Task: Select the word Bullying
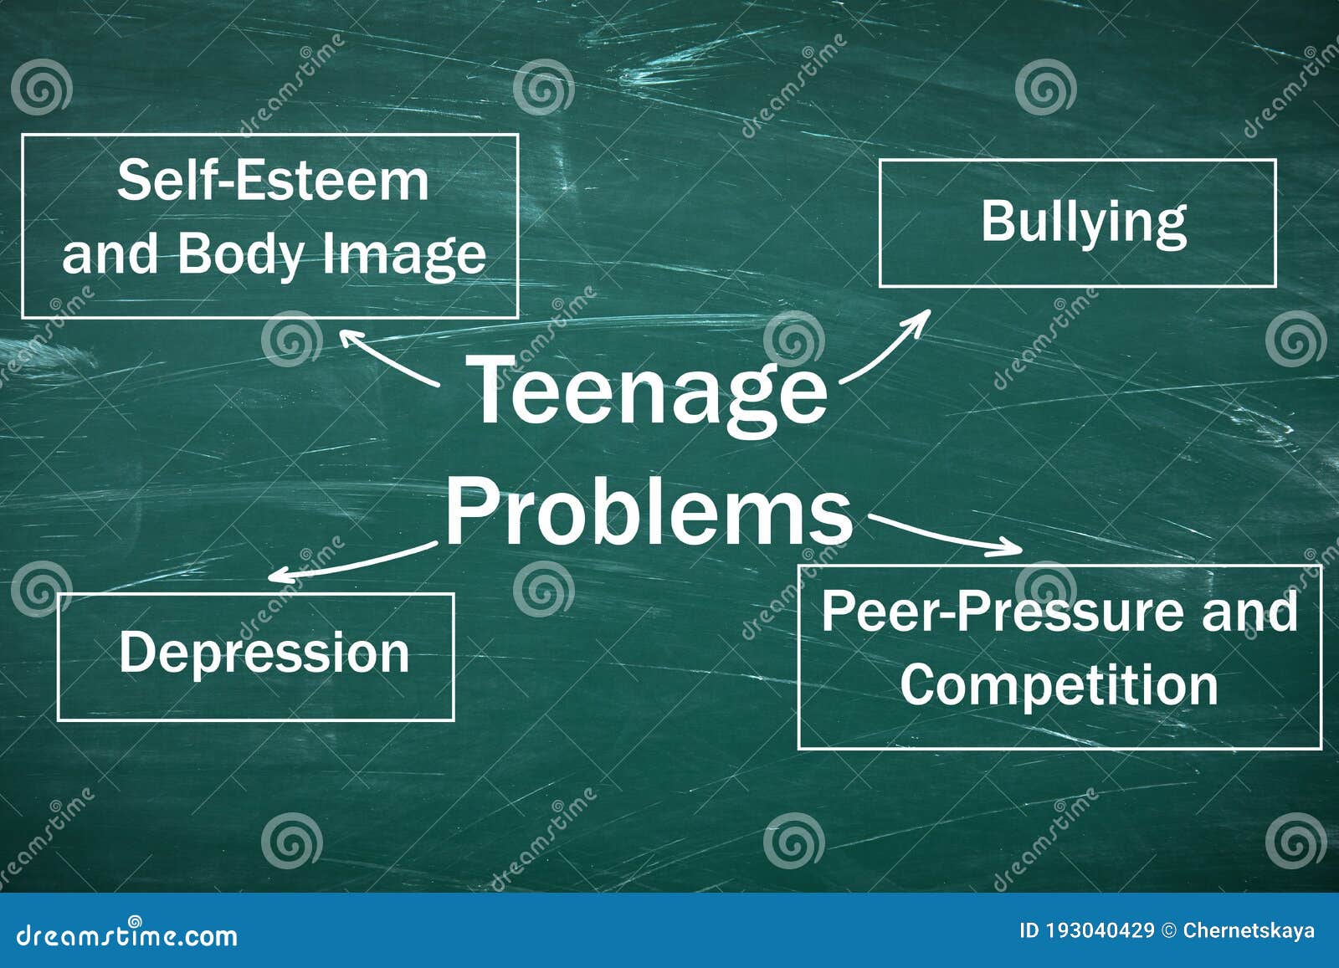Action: [x=1084, y=222]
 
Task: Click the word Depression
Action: [x=264, y=653]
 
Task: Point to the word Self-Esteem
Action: [x=273, y=181]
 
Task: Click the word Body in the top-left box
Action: [x=239, y=254]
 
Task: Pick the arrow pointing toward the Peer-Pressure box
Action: [x=946, y=535]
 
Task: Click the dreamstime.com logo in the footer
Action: [x=126, y=934]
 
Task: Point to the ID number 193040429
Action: [x=1099, y=930]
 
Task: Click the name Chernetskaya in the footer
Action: [x=1248, y=930]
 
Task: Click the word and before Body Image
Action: [x=110, y=254]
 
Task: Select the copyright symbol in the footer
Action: [x=1169, y=930]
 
